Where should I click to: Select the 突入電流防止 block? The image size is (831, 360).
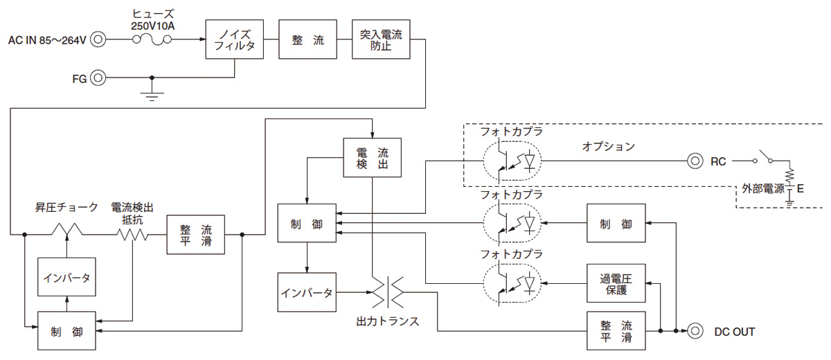[381, 39]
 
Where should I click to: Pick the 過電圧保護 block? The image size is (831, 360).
[616, 283]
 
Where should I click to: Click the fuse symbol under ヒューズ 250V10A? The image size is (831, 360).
[152, 39]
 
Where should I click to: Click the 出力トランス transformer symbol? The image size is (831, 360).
[386, 292]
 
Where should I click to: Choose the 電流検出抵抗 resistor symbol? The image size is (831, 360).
[133, 234]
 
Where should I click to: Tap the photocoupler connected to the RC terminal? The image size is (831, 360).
[513, 161]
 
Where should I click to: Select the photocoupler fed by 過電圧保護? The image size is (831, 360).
[513, 283]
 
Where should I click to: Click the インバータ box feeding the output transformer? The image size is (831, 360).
[306, 292]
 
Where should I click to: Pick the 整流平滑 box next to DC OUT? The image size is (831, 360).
[616, 332]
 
